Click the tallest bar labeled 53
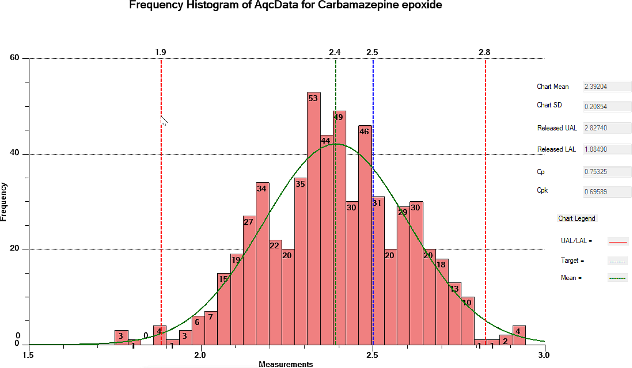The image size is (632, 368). click(314, 219)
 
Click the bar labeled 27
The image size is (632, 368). click(250, 280)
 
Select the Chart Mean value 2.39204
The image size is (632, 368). click(606, 87)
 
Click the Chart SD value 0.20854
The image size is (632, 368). click(606, 107)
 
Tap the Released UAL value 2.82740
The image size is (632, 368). click(606, 128)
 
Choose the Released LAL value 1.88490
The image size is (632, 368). click(606, 149)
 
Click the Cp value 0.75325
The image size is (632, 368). click(606, 172)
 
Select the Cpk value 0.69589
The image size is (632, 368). click(606, 192)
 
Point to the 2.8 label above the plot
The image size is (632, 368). click(484, 52)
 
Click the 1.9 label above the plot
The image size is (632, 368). click(160, 52)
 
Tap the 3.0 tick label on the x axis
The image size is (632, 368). click(544, 355)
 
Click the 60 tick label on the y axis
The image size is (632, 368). click(15, 58)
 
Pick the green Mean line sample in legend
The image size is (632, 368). click(617, 278)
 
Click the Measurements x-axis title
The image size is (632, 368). click(286, 364)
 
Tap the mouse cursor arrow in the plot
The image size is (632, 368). click(164, 121)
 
